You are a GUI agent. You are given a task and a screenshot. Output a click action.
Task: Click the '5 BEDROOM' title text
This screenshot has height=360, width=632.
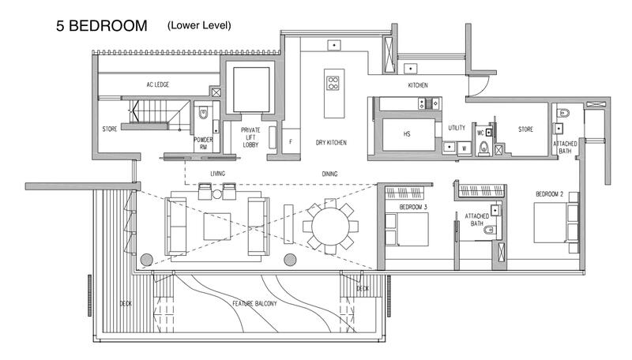pos(101,26)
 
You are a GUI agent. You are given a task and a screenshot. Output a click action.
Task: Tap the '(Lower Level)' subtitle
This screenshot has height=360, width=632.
pos(199,25)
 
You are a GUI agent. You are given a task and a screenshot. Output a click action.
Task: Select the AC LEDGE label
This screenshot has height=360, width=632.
pos(158,84)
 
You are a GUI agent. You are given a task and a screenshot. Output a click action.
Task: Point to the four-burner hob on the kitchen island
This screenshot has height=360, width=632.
pos(333,81)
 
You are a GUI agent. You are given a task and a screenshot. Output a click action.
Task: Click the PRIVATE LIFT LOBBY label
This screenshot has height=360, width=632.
pos(250,135)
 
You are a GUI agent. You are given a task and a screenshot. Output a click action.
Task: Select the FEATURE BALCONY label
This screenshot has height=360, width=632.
pos(254,303)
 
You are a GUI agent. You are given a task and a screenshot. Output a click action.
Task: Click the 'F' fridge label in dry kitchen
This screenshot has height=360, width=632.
pos(291,142)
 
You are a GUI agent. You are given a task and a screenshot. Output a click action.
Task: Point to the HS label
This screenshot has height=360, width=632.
pos(407,134)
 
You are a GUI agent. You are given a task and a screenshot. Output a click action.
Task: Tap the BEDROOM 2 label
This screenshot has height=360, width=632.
pos(550,193)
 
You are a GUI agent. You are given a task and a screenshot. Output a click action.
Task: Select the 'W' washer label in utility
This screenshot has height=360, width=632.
pos(464,147)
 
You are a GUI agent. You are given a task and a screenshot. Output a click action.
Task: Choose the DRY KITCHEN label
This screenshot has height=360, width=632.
pos(332,142)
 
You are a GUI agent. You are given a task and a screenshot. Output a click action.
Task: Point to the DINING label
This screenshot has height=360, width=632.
pos(330,173)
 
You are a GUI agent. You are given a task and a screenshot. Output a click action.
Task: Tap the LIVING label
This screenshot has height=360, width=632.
pos(218,173)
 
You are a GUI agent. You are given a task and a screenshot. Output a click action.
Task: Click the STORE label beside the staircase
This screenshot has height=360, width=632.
pos(110,129)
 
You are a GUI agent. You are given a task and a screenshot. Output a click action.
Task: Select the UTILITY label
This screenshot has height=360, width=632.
pos(457,126)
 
